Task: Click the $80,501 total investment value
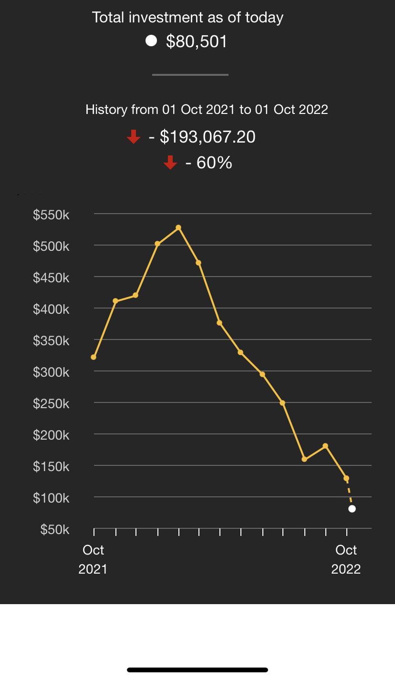[x=197, y=42]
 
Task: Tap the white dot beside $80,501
[x=151, y=41]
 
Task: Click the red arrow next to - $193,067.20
[x=134, y=137]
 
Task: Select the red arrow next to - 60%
[x=170, y=163]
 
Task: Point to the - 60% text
[x=208, y=163]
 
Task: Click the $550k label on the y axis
[x=51, y=215]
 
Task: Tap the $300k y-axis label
[x=51, y=372]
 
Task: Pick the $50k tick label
[x=55, y=530]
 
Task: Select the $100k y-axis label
[x=51, y=498]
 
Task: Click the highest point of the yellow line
[x=178, y=228]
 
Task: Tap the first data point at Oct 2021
[x=94, y=357]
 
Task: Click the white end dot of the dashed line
[x=352, y=509]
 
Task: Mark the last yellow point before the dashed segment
[x=346, y=478]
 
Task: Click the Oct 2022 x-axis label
[x=346, y=559]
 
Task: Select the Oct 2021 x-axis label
[x=93, y=559]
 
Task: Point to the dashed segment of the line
[x=349, y=494]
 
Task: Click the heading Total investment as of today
[x=188, y=18]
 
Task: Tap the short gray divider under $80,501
[x=190, y=75]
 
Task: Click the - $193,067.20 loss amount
[x=202, y=137]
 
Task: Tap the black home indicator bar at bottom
[x=197, y=670]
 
